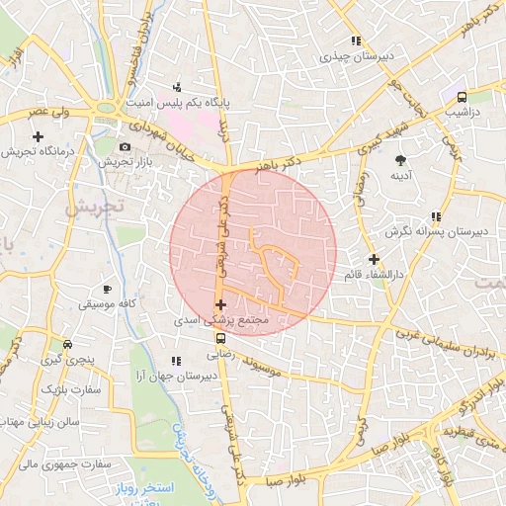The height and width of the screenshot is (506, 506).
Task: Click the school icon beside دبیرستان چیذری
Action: tap(355, 41)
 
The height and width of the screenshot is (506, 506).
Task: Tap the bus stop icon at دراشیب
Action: tap(462, 97)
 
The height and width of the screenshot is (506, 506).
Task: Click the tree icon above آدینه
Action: tap(400, 160)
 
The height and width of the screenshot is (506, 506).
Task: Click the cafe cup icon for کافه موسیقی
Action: tap(107, 289)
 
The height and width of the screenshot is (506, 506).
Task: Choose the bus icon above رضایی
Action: tap(219, 337)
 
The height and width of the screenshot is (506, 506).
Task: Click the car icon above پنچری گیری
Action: tap(66, 345)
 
